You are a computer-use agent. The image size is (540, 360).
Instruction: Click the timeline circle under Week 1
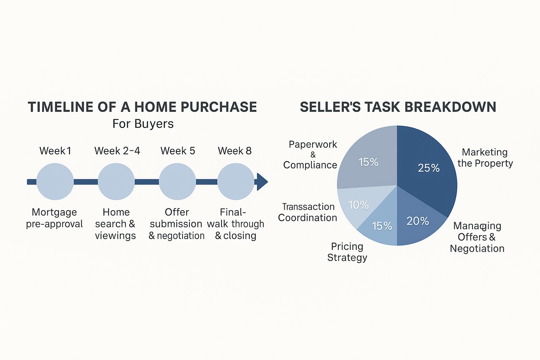point(55,181)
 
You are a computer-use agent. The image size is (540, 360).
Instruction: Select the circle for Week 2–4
point(116,181)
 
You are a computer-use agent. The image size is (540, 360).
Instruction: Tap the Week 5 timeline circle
point(177,181)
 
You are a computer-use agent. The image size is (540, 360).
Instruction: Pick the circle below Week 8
point(236,181)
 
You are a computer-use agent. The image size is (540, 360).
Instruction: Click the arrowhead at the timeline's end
point(262,182)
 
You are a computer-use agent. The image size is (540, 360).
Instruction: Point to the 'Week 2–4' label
point(117,151)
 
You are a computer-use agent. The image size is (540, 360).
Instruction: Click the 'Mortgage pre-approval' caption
point(54,218)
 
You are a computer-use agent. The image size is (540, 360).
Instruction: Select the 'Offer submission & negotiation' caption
point(176,224)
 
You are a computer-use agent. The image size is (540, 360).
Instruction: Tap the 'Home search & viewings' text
point(116,224)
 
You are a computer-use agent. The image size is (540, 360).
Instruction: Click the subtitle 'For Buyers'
point(143,124)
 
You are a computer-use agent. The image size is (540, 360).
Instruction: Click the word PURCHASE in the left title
point(219,107)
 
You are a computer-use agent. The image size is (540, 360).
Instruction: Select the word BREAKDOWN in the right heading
point(450,107)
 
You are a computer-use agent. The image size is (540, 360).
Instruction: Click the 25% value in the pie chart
point(429,168)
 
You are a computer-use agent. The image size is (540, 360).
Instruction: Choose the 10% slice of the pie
point(357,205)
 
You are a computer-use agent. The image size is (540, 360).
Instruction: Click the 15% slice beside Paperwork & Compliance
point(367,162)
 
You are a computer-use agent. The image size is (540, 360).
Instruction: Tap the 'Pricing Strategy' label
point(347,252)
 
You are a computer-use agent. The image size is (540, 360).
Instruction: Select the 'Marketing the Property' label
point(485,158)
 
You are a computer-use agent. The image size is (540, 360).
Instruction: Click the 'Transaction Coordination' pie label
point(308,212)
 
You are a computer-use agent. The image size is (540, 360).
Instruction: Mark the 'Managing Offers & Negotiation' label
point(477,237)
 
